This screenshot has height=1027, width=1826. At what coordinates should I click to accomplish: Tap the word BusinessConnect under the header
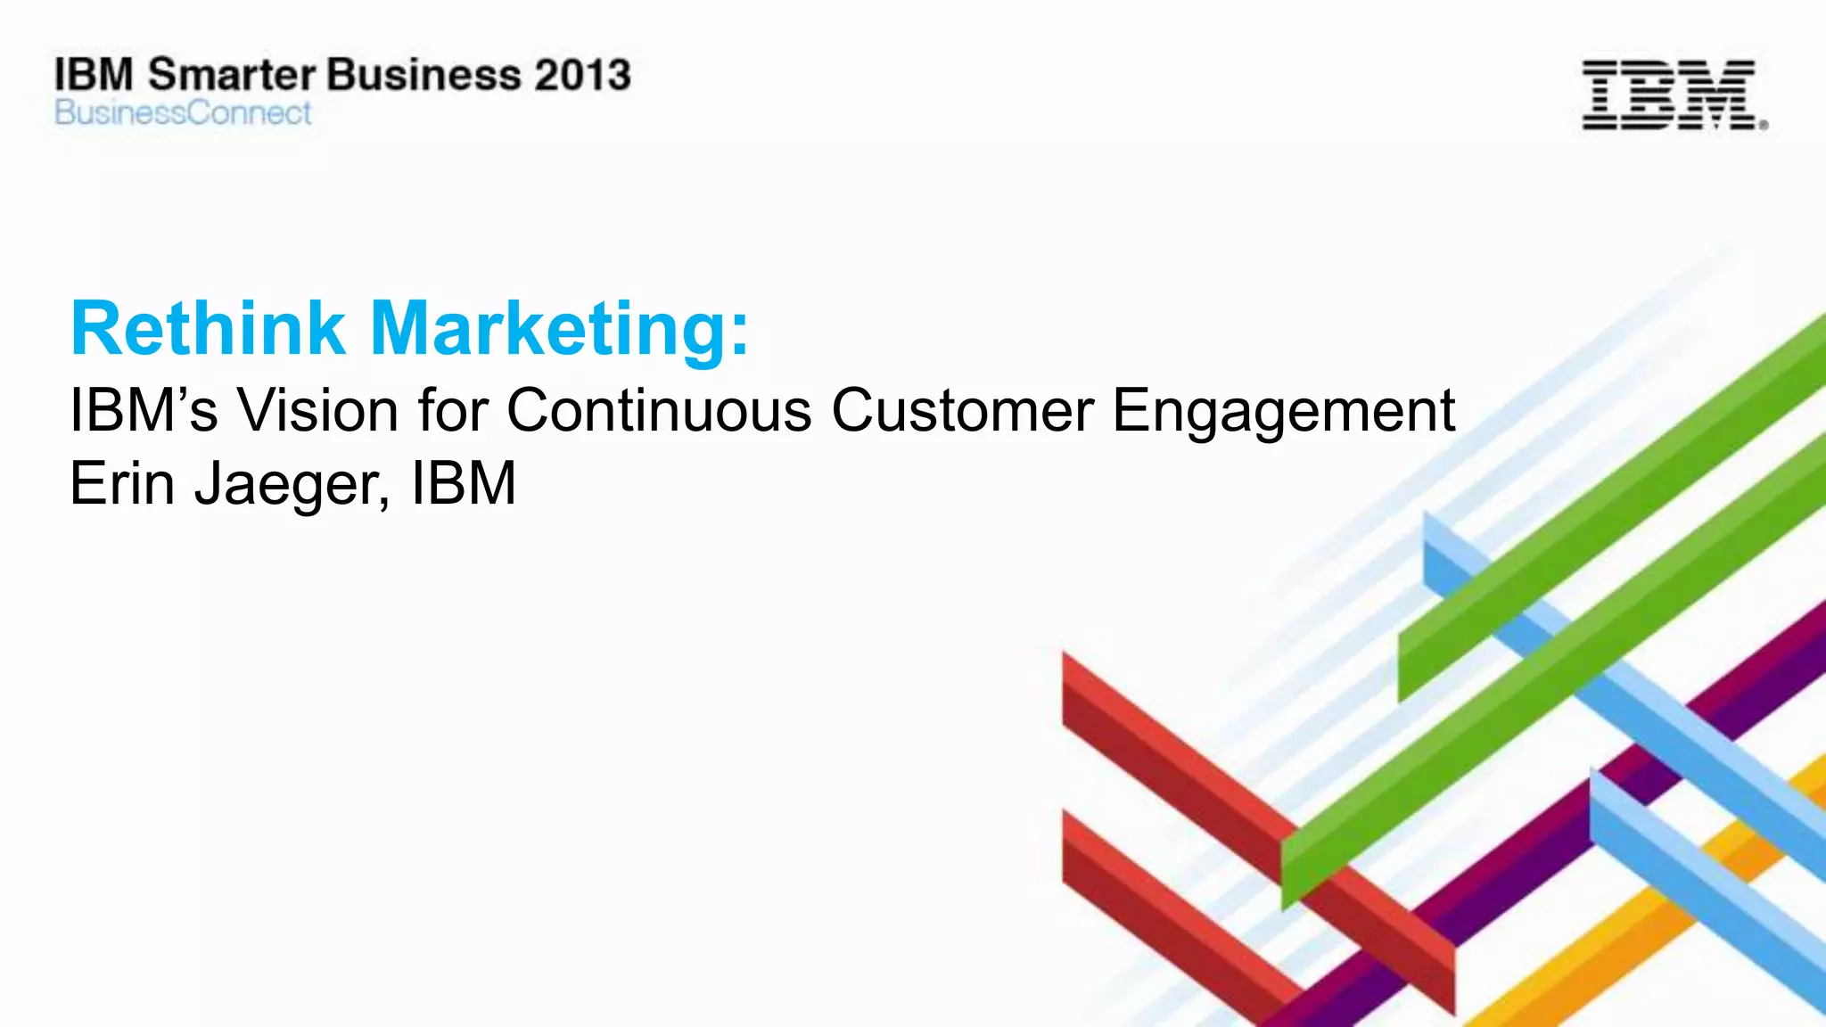[183, 113]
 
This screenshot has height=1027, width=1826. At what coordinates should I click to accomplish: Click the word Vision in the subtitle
[317, 411]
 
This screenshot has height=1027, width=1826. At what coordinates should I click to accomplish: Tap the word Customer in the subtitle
[962, 411]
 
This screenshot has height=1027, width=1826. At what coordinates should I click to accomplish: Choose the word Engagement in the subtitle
[1284, 413]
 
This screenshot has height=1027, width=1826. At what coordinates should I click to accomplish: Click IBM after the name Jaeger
[463, 484]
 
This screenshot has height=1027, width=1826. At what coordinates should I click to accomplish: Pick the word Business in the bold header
[424, 75]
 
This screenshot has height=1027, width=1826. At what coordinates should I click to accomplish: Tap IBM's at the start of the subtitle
[143, 411]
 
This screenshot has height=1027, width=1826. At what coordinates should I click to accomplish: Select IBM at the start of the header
[94, 75]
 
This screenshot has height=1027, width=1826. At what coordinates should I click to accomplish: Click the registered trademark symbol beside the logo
[1763, 126]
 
